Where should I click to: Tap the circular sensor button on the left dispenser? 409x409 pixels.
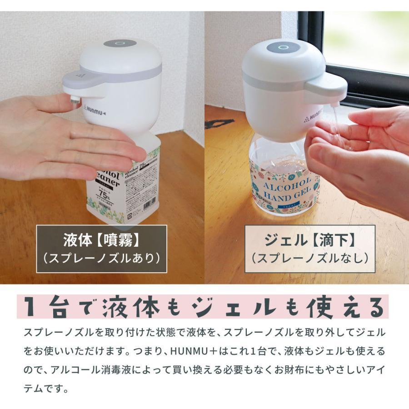[120, 44]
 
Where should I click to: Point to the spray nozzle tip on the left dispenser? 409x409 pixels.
[74, 98]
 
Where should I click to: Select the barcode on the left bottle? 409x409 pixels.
[148, 206]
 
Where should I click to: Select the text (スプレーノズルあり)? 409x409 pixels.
[101, 258]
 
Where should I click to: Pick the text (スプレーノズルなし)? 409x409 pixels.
[310, 258]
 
